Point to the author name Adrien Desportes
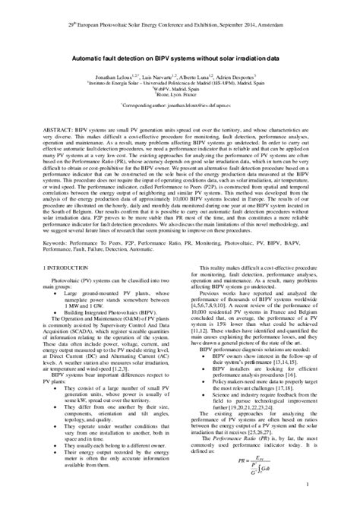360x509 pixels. click(242, 77)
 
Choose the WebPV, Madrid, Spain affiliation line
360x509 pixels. click(179, 88)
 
